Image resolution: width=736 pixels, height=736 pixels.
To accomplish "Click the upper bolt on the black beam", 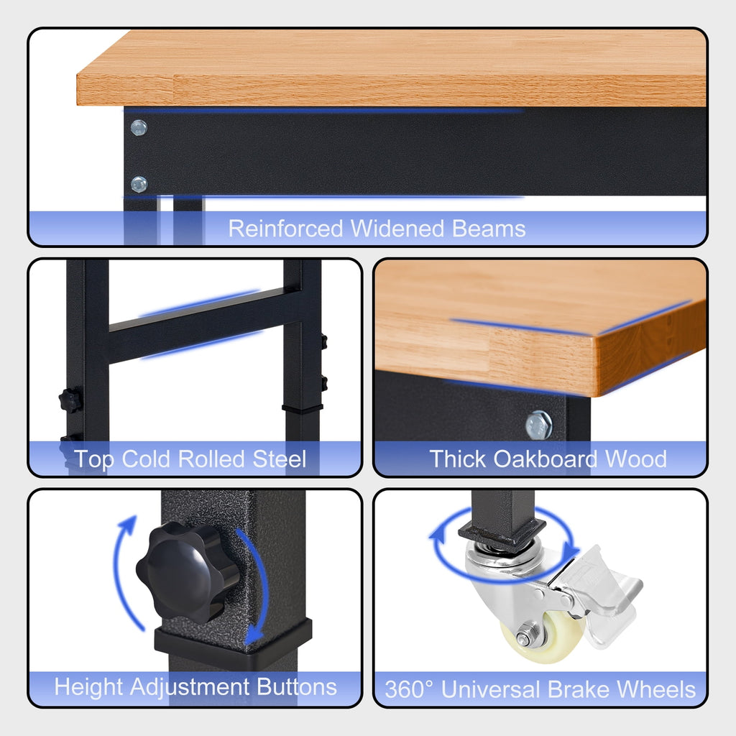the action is click(x=139, y=128).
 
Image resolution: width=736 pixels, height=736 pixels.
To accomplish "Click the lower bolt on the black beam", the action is click(x=139, y=185).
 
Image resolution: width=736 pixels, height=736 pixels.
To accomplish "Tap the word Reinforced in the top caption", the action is click(x=285, y=229).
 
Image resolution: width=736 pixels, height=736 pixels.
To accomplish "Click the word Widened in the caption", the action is click(x=397, y=229).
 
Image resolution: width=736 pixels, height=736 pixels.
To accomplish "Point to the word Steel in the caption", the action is click(x=280, y=459).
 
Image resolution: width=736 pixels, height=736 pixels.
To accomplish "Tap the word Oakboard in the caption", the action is click(x=545, y=459).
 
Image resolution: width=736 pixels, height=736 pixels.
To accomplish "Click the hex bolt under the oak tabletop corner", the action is click(x=539, y=425).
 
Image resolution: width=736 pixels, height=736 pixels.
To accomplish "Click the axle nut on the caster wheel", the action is click(x=524, y=638).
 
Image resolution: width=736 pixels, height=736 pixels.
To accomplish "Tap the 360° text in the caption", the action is click(x=408, y=689).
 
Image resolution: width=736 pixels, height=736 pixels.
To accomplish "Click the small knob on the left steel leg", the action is click(x=70, y=400).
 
